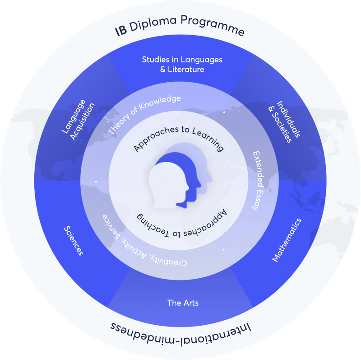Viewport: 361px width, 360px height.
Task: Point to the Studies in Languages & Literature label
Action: pos(182,64)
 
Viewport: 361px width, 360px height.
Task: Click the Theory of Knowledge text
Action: pos(144,113)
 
